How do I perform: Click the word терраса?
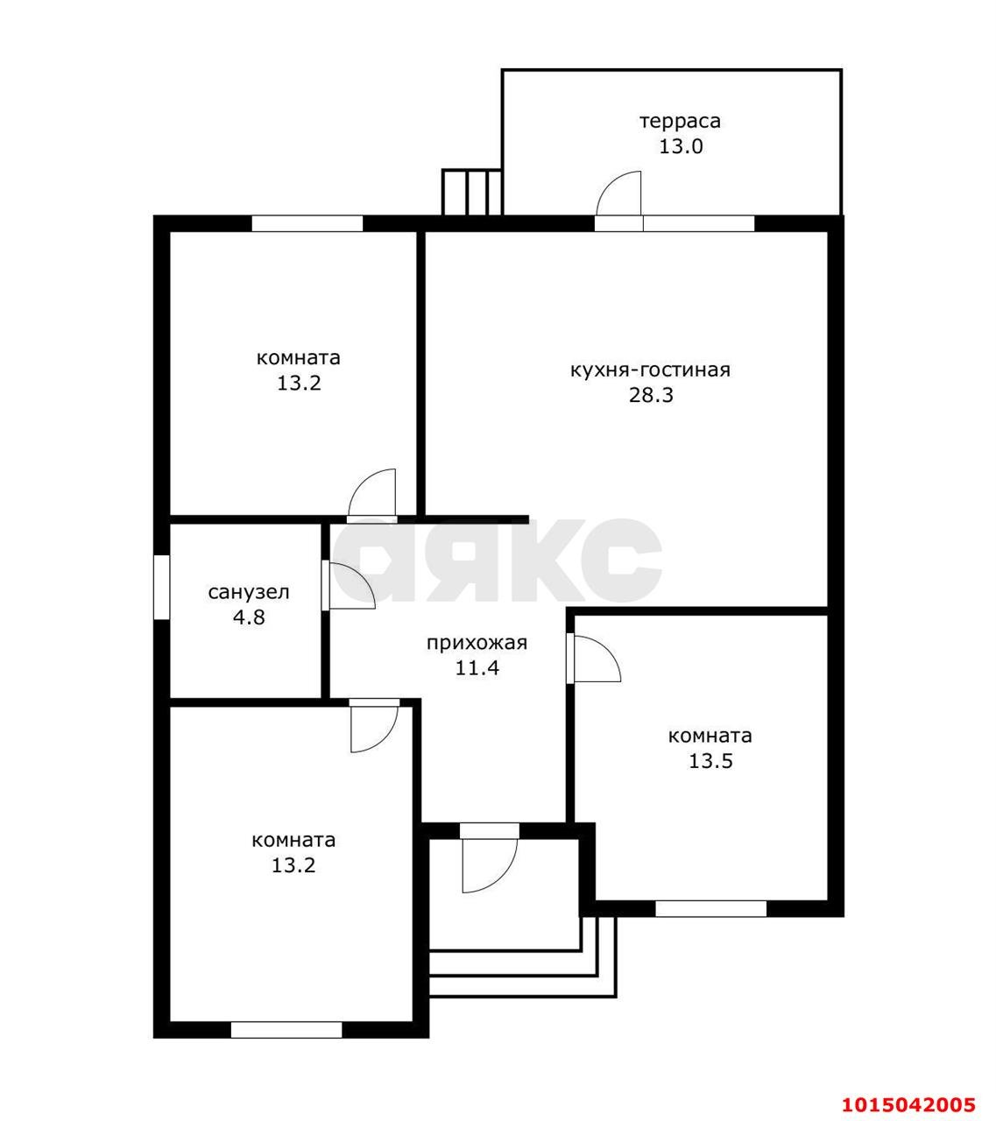[x=680, y=121]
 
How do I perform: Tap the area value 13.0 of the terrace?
[x=681, y=146]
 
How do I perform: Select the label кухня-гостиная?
[x=650, y=370]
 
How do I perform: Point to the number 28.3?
[x=651, y=395]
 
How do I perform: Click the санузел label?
[x=249, y=592]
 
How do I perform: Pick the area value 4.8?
[x=249, y=617]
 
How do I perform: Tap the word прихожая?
[x=477, y=643]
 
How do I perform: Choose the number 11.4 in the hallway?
[x=477, y=668]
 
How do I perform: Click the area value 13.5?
[x=710, y=761]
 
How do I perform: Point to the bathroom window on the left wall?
[x=161, y=587]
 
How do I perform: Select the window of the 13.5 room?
[x=711, y=908]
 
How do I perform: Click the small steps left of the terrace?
[x=471, y=192]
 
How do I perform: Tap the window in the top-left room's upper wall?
[x=307, y=223]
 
